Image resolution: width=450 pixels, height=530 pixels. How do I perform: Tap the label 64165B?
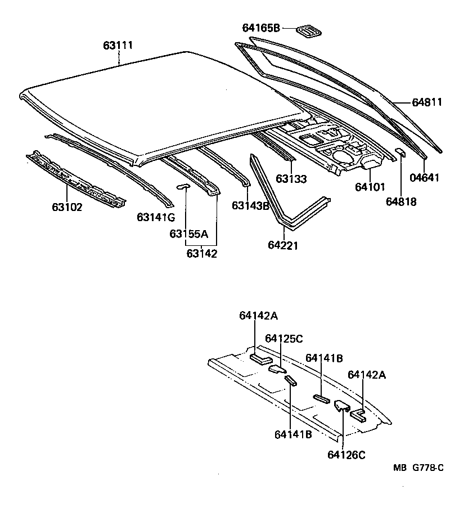pyautogui.click(x=261, y=28)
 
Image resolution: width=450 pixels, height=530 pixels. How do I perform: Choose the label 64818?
pyautogui.click(x=402, y=201)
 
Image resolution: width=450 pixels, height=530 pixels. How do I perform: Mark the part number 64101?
pyautogui.click(x=370, y=187)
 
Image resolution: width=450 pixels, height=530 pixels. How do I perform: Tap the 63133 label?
pyautogui.click(x=291, y=179)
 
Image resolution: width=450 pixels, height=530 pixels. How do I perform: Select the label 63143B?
pyautogui.click(x=251, y=205)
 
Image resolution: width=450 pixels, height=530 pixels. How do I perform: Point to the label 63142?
pyautogui.click(x=202, y=253)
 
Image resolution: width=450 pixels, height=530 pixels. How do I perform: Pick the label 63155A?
pyautogui.click(x=188, y=233)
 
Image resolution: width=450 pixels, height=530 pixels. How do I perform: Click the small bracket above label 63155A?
pyautogui.click(x=183, y=186)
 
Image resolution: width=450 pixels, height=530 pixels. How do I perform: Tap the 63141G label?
pyautogui.click(x=156, y=217)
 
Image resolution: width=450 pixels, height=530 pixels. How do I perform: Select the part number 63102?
pyautogui.click(x=67, y=207)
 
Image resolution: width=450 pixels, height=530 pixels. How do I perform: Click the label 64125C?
pyautogui.click(x=284, y=338)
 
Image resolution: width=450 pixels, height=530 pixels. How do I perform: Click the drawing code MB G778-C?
pyautogui.click(x=418, y=468)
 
